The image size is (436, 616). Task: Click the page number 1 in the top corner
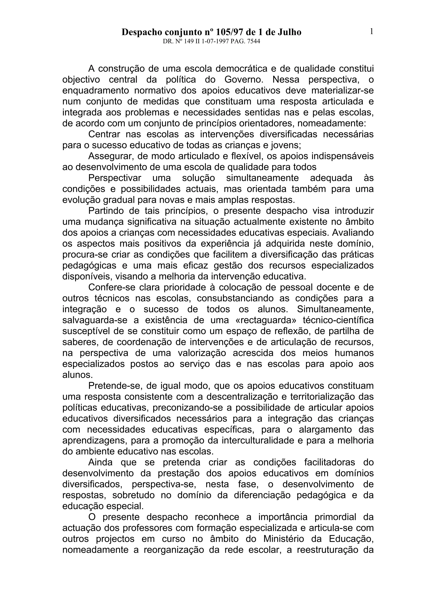point(371,32)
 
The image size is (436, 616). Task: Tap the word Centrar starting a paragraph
point(103,134)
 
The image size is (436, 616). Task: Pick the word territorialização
point(313,397)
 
